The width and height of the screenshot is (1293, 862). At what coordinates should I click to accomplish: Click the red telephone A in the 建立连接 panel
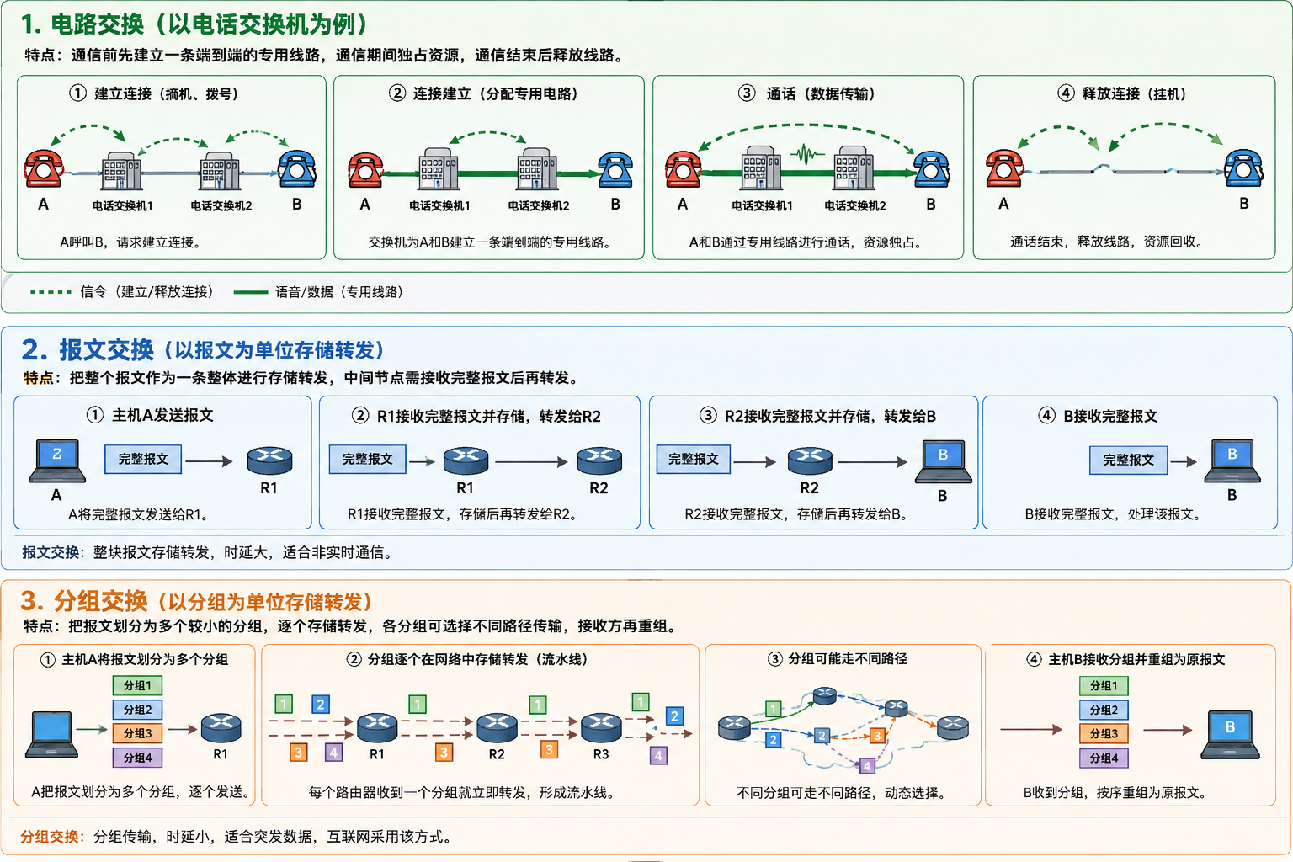click(43, 168)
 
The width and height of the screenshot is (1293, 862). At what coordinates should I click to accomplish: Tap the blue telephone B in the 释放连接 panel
click(1244, 168)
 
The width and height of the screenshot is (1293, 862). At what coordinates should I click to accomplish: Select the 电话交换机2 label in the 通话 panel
click(855, 205)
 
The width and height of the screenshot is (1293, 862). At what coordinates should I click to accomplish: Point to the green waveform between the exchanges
click(807, 155)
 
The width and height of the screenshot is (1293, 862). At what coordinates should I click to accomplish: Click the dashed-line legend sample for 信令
click(51, 292)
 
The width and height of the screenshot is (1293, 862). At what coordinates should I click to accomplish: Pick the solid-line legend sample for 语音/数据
click(251, 292)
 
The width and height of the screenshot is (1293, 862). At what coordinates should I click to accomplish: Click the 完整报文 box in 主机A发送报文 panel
click(143, 459)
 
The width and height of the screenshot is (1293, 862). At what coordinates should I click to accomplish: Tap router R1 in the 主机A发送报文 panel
click(269, 460)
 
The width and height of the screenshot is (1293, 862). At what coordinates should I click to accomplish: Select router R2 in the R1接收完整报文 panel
click(599, 460)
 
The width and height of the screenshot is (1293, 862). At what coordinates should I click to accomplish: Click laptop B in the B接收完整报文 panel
click(1232, 460)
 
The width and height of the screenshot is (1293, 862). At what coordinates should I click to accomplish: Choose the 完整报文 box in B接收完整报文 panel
click(1129, 460)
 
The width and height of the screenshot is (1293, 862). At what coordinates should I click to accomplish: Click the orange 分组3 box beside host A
click(137, 733)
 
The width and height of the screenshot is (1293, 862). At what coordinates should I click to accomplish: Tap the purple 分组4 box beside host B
click(1104, 758)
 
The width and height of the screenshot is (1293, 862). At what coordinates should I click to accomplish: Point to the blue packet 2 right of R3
click(674, 716)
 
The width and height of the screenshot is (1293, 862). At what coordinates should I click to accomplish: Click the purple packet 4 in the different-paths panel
click(867, 766)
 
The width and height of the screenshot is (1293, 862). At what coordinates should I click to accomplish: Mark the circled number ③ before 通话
click(747, 93)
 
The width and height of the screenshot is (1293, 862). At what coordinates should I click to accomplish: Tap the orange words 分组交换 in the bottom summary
click(49, 837)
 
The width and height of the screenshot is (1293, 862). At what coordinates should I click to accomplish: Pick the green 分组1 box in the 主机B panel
click(1104, 686)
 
